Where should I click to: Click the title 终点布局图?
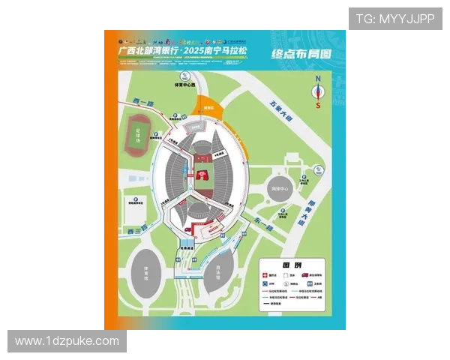point(298,55)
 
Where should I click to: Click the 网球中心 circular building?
point(279,189)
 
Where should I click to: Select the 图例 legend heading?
point(292,266)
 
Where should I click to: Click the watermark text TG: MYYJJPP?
point(394,19)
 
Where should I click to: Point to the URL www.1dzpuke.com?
point(67,341)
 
